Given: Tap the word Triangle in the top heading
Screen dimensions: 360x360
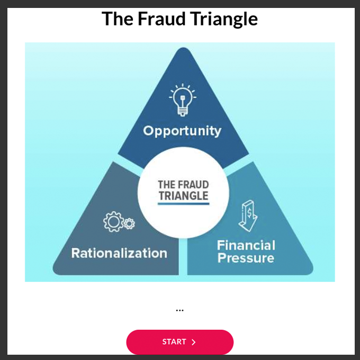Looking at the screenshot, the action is coord(225,19).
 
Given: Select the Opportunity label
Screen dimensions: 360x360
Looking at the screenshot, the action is coord(182,131).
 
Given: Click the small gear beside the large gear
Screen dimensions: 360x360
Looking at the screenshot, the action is coord(129,224).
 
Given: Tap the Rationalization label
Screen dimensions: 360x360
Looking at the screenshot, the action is coord(119,253).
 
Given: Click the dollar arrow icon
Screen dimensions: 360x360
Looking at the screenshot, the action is coord(247,216).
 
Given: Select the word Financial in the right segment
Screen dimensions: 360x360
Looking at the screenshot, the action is coord(246,245).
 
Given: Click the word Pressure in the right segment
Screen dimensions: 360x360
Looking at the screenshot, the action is coord(246,258).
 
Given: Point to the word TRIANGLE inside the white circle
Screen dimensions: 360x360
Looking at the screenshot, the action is coord(183,195).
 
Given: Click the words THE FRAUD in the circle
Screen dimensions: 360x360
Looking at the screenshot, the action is coord(183,185).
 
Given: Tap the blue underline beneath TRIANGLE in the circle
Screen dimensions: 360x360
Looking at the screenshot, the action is coord(183,203).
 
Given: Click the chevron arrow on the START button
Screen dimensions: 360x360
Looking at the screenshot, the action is coord(194,343).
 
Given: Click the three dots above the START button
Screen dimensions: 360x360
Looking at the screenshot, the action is coord(179,310).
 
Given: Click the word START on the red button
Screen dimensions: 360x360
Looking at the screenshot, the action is coord(174,342).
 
